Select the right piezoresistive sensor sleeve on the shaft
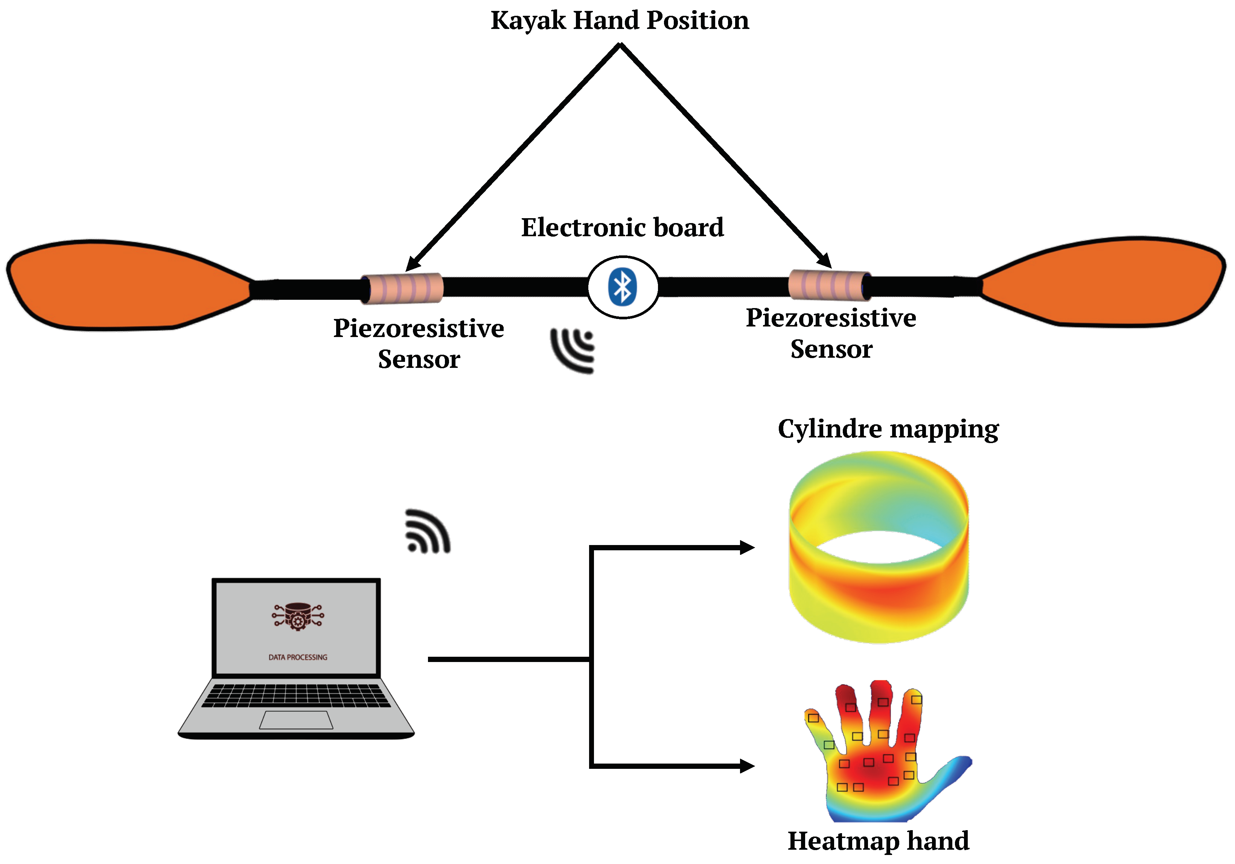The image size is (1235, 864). [828, 285]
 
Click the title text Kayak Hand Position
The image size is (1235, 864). [620, 20]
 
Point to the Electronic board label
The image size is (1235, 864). [622, 228]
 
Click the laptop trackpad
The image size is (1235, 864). [296, 720]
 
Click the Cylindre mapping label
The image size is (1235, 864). [888, 429]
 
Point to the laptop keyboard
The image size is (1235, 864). [296, 695]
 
